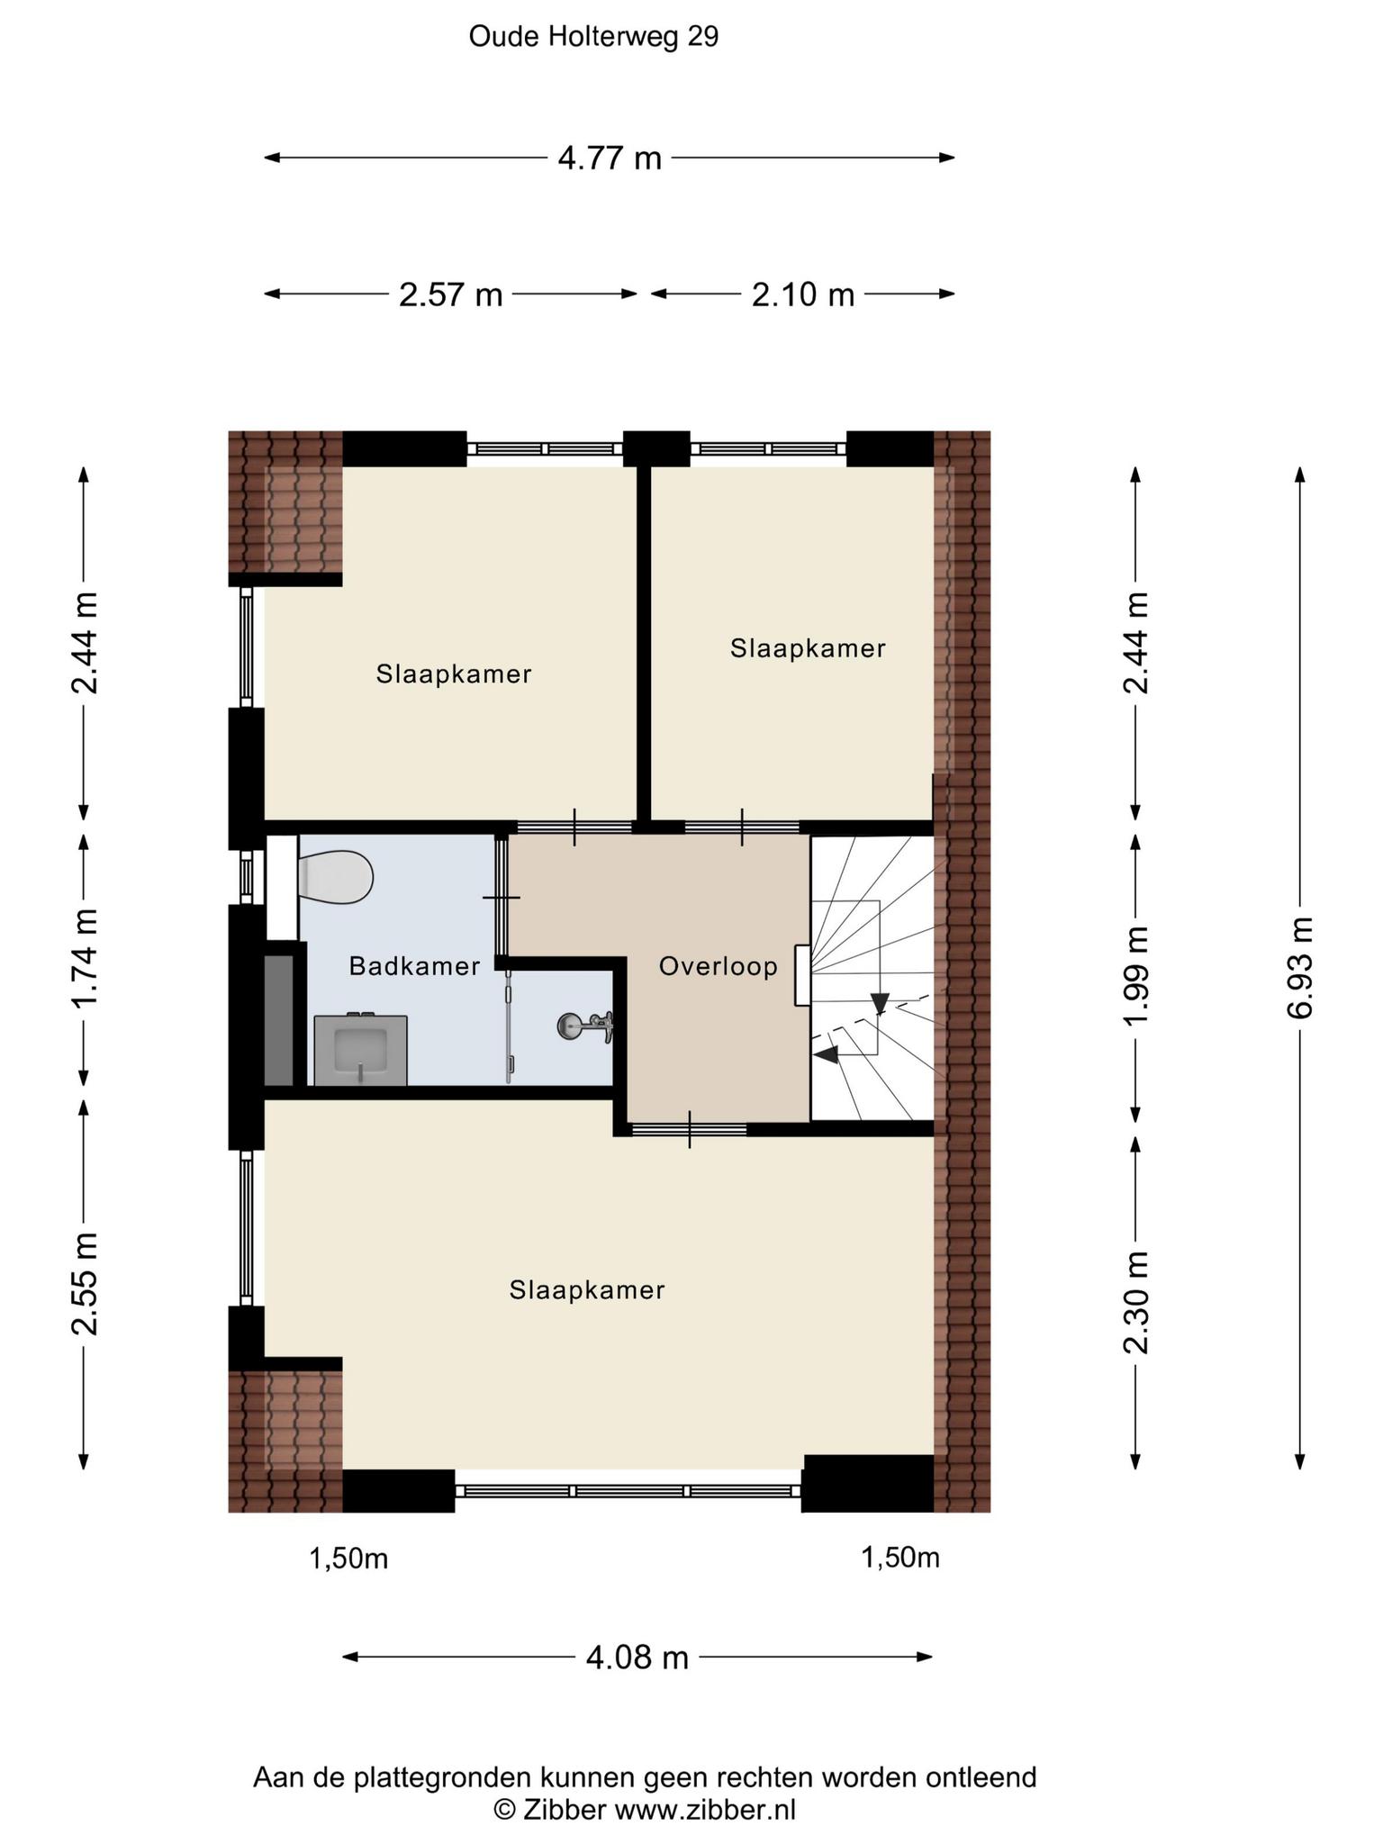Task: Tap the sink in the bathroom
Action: tap(361, 1051)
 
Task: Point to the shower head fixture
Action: tap(586, 1026)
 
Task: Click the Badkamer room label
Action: tap(414, 967)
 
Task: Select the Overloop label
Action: tap(719, 967)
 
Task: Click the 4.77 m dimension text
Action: tap(610, 158)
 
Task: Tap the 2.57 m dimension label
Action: tap(450, 294)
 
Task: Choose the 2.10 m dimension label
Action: tap(803, 294)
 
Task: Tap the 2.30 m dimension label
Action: tap(1136, 1303)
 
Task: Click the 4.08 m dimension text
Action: tap(637, 1657)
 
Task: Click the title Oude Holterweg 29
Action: tap(594, 37)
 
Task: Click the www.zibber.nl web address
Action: tap(705, 1809)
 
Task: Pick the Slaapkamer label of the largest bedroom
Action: tap(587, 1290)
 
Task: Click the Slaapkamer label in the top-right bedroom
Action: tap(808, 648)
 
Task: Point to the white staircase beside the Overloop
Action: tap(872, 979)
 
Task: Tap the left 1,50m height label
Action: tap(348, 1559)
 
